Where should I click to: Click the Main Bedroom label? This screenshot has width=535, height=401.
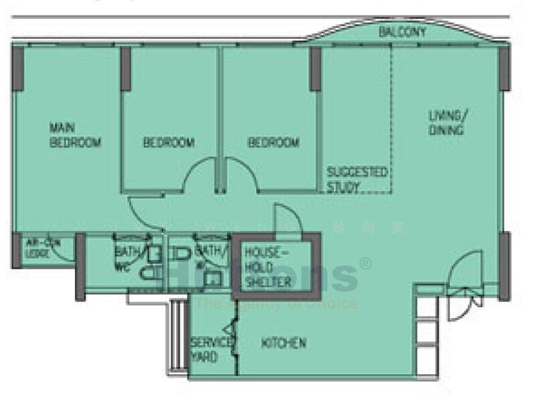(75, 135)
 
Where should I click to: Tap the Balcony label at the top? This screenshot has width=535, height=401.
(402, 31)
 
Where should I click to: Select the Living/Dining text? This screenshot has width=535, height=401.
(447, 123)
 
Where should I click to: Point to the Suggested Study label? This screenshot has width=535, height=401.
(356, 179)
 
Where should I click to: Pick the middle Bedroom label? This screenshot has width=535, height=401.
(169, 143)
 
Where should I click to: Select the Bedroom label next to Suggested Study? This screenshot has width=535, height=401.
(274, 143)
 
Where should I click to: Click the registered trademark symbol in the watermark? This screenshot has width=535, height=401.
(366, 264)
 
